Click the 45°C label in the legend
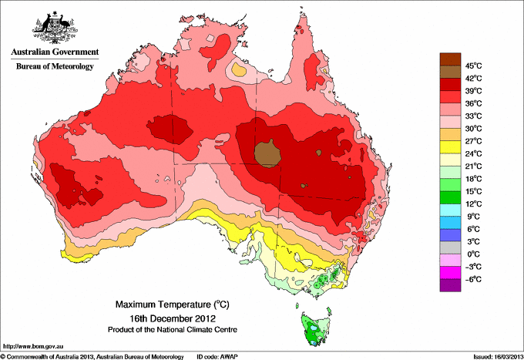pyautogui.click(x=474, y=66)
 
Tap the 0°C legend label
pyautogui.click(x=474, y=254)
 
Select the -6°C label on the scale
pyautogui.click(x=474, y=279)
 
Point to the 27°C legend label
pyautogui.click(x=474, y=141)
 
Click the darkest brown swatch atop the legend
pyautogui.click(x=450, y=59)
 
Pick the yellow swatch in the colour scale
pyautogui.click(x=450, y=147)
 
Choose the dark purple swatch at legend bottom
pyautogui.click(x=450, y=285)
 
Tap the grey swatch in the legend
pyautogui.click(x=450, y=247)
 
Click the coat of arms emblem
pyautogui.click(x=55, y=28)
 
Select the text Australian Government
pyautogui.click(x=55, y=52)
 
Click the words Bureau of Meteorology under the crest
pyautogui.click(x=55, y=66)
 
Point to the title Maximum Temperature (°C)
pyautogui.click(x=173, y=304)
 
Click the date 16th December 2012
pyautogui.click(x=173, y=318)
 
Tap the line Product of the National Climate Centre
pyautogui.click(x=173, y=330)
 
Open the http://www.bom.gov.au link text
pyautogui.click(x=33, y=347)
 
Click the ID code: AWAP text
pyautogui.click(x=217, y=357)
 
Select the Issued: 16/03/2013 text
pyautogui.click(x=498, y=357)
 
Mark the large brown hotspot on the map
pyautogui.click(x=267, y=153)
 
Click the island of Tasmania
pyautogui.click(x=316, y=328)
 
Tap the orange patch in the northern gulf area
pyautogui.click(x=240, y=69)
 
